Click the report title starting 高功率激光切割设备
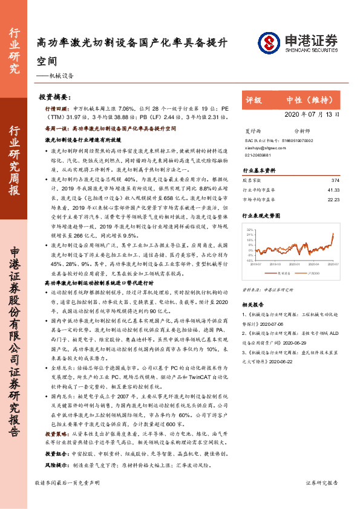tap(132, 44)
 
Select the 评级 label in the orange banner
tap(254, 100)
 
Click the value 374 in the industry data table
tap(344, 181)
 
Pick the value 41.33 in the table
tap(342, 189)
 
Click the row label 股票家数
tap(252, 181)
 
